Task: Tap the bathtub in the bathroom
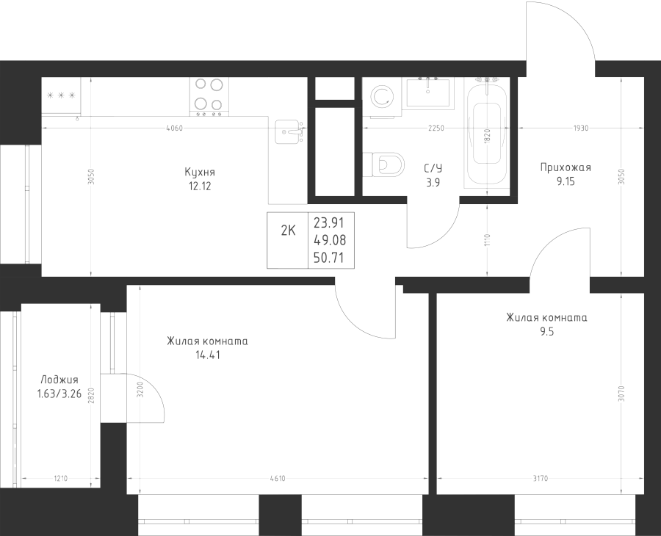[x=487, y=134]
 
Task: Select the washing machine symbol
[x=382, y=97]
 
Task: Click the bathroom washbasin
[x=432, y=94]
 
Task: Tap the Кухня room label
[x=200, y=172]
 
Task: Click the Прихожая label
[x=565, y=167]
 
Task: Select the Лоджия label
[x=59, y=380]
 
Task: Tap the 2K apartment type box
[x=288, y=230]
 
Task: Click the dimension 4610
[x=278, y=479]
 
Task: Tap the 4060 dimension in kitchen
[x=174, y=128]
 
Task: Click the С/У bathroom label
[x=433, y=169]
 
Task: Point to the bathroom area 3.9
[x=433, y=184]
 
